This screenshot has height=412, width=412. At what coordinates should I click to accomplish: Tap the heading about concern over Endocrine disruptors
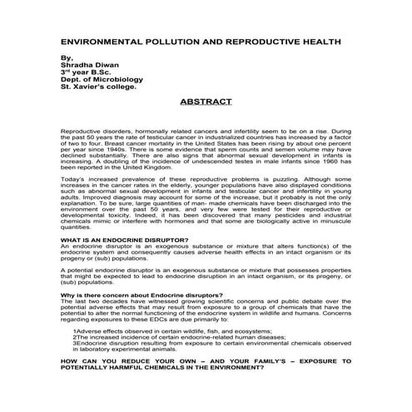141,297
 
